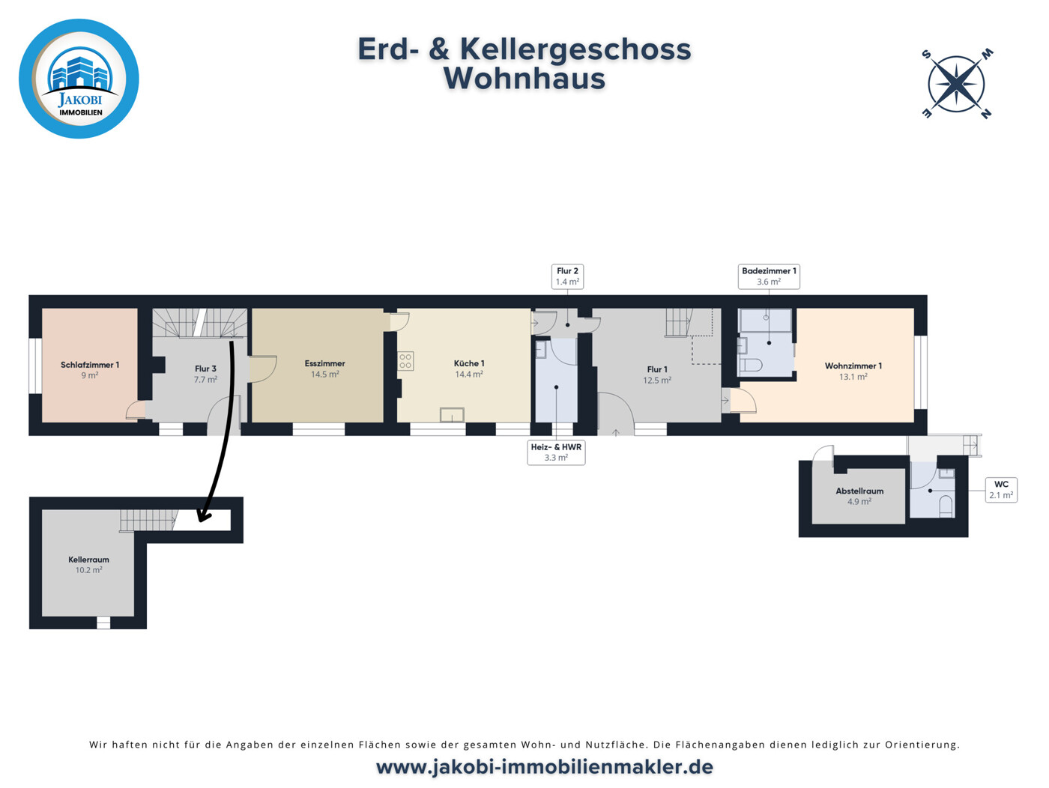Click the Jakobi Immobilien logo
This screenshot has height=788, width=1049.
click(79, 79)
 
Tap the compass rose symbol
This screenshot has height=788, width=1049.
click(957, 84)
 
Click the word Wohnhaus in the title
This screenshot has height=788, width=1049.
click(524, 79)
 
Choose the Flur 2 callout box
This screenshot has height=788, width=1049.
click(567, 276)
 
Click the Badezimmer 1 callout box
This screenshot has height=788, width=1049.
click(769, 276)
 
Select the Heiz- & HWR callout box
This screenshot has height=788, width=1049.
click(556, 452)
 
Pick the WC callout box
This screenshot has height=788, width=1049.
click(1001, 489)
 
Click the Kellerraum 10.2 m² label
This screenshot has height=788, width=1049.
click(88, 565)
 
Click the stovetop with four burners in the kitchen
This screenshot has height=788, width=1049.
click(405, 361)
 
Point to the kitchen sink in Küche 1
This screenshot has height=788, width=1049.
click(452, 414)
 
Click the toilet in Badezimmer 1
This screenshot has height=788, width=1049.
click(750, 365)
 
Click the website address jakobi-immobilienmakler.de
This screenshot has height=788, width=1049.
click(544, 767)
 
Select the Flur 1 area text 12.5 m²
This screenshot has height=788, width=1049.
click(656, 381)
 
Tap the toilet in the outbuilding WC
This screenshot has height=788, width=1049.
click(946, 506)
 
